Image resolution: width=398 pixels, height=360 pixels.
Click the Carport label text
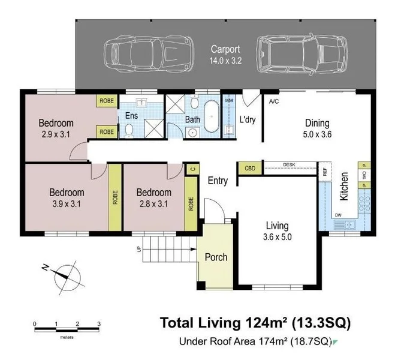click(225, 49)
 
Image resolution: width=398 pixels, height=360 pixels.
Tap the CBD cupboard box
click(250, 169)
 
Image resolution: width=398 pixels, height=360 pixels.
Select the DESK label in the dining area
click(289, 165)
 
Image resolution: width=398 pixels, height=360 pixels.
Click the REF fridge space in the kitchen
click(325, 172)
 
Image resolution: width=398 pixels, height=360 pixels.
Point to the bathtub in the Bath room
click(212, 116)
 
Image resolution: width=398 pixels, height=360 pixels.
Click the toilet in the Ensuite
click(129, 130)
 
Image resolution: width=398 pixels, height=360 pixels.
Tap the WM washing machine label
click(229, 101)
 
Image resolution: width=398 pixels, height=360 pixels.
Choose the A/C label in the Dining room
click(274, 101)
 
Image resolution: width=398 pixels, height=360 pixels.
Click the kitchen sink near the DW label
click(345, 224)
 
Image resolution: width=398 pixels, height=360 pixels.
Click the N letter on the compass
click(45, 267)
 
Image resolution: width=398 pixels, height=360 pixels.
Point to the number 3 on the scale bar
click(99, 324)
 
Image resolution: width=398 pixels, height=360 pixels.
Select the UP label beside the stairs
click(139, 250)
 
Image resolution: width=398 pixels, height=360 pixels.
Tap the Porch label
click(216, 257)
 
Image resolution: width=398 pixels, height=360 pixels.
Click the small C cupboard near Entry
click(192, 169)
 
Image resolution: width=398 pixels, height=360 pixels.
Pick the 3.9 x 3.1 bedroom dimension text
click(67, 204)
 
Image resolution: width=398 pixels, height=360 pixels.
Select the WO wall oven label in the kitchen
click(365, 175)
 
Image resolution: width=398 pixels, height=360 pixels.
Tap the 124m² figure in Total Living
click(267, 323)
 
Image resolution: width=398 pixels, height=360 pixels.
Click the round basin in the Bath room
click(192, 133)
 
